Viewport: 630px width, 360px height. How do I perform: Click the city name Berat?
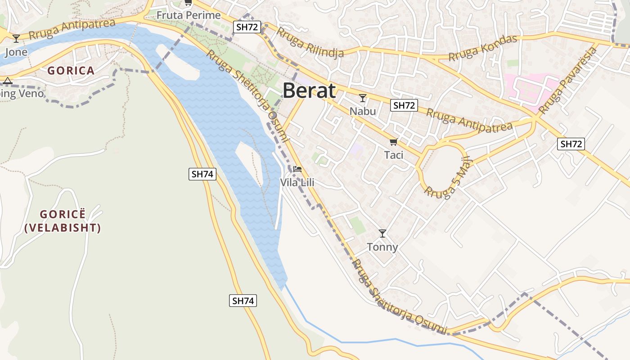coord(309,91)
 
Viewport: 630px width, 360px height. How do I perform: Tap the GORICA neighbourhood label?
coord(71,71)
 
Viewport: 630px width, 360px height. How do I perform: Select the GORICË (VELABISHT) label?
coord(63,221)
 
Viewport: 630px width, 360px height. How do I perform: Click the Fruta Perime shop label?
coord(189,15)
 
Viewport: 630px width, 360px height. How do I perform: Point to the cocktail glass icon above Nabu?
coord(363,98)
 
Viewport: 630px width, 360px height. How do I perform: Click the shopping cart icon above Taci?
coord(393,142)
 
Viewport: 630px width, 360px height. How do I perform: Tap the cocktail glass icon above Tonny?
coord(382,233)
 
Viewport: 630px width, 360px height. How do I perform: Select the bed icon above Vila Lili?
coord(297,169)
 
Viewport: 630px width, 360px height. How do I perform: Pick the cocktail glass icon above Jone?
coord(16,39)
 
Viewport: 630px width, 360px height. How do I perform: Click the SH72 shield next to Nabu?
coord(404,105)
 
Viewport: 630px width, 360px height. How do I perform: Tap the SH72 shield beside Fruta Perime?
coord(247,27)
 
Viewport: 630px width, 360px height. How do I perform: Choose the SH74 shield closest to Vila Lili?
coord(202,174)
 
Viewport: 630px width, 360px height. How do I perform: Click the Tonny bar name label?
coord(382,247)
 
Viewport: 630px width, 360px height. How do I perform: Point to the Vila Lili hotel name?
coord(297,183)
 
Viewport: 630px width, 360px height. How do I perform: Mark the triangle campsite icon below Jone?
coord(7,81)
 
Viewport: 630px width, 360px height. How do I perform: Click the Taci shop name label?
coord(393,155)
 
